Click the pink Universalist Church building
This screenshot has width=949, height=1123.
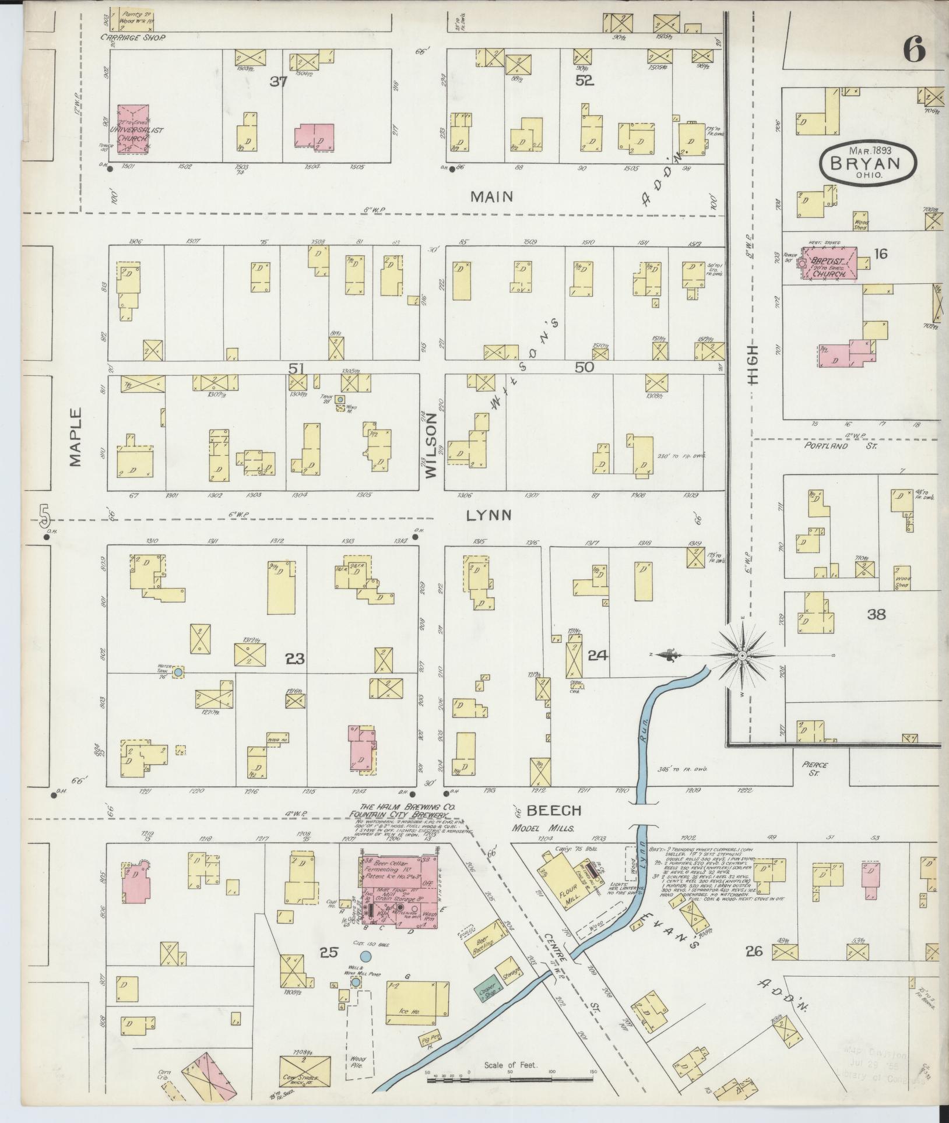click(x=133, y=129)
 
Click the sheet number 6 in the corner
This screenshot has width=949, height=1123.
click(x=914, y=51)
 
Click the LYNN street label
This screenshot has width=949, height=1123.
click(x=490, y=515)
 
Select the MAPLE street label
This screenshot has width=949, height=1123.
click(x=75, y=437)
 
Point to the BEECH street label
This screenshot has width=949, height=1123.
click(x=554, y=810)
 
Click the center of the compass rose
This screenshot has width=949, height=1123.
click(x=742, y=656)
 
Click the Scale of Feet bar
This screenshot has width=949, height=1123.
click(x=511, y=1079)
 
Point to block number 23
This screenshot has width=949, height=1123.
click(x=296, y=659)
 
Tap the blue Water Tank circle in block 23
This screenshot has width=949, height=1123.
click(x=179, y=672)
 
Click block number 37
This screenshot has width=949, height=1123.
click(x=279, y=82)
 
